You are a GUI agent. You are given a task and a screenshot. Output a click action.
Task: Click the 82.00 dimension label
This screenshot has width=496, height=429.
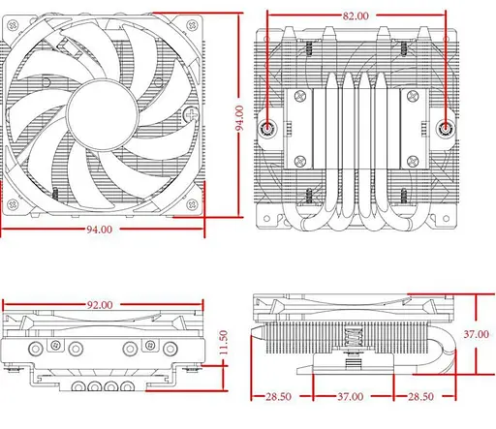click(x=356, y=15)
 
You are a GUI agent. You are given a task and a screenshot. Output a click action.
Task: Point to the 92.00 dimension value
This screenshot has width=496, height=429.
click(x=100, y=304)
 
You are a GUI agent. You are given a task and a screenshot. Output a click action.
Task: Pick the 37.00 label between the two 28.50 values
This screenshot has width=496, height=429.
click(x=350, y=397)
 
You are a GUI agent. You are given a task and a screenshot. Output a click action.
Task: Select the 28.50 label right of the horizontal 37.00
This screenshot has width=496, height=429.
click(x=419, y=397)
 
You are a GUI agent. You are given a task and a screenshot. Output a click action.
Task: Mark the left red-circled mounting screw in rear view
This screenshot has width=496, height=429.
click(x=268, y=128)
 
